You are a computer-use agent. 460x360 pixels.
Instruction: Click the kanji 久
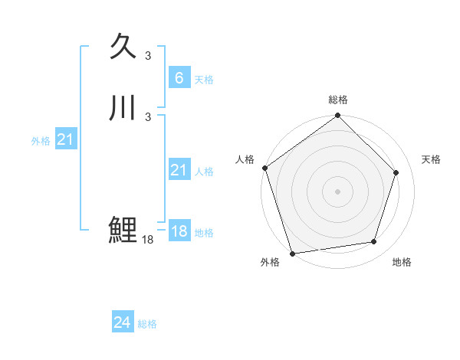tap(123, 47)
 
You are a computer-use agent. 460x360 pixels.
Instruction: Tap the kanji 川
tap(123, 108)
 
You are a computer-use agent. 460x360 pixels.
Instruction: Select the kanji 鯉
tap(123, 230)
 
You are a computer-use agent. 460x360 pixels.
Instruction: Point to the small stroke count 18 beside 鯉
tap(148, 240)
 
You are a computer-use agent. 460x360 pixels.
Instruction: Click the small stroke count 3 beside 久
tap(148, 55)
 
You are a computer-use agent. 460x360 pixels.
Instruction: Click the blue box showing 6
tap(179, 77)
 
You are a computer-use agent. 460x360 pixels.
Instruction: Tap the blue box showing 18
tap(179, 231)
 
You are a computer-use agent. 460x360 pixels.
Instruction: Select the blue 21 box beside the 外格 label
tap(65, 139)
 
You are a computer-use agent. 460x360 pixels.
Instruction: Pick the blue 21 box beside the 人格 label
tap(179, 170)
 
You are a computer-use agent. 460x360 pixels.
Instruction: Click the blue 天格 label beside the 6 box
tap(204, 79)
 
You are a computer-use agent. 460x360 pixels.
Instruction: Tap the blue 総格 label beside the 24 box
tap(147, 324)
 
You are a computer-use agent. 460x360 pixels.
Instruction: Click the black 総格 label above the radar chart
tap(337, 100)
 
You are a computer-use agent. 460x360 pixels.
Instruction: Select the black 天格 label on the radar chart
tap(432, 159)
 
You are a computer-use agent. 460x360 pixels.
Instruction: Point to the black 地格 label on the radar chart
tap(402, 262)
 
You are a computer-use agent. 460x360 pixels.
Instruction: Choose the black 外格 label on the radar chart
tap(270, 262)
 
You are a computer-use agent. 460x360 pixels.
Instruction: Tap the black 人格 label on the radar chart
tap(245, 159)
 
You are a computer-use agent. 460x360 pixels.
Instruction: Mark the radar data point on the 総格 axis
tap(337, 116)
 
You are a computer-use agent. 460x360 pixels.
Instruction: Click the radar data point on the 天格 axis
tap(396, 172)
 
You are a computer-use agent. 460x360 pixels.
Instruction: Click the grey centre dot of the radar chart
tap(337, 191)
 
